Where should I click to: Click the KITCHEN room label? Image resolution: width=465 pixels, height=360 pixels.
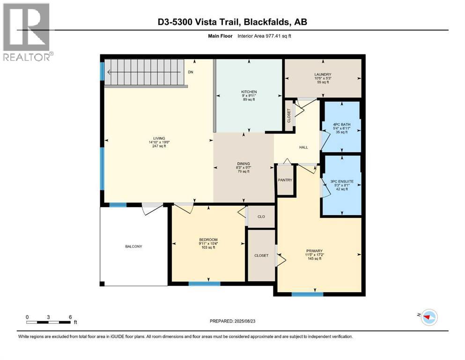pos(249,92)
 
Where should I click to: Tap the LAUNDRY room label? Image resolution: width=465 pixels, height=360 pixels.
pos(323,75)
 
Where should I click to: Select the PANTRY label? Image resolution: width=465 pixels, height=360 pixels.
pos(285,180)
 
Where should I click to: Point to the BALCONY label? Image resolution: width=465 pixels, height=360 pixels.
pos(133,247)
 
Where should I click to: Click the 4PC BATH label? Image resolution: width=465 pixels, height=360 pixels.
pos(342,125)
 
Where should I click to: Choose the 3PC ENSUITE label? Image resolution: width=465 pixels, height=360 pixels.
pos(342,181)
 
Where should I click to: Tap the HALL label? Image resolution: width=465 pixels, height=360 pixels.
pos(303,147)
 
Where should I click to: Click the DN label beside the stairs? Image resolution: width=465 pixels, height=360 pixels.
pos(191,72)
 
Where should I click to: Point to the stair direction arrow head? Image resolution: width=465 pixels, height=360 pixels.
pos(109,72)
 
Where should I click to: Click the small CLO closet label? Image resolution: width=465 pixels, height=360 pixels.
pos(261,217)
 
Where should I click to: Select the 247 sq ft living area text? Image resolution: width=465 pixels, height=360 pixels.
pos(159,146)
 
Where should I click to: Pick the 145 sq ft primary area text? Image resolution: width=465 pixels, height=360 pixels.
pos(314,258)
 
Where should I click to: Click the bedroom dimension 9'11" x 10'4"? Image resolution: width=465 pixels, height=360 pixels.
pos(208,243)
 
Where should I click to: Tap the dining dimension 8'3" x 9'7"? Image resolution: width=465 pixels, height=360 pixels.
pos(244,167)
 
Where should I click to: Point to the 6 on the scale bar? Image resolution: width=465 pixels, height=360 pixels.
pos(70,317)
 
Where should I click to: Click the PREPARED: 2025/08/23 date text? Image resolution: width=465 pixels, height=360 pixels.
pos(232,321)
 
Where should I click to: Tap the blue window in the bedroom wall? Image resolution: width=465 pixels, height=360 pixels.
pos(204,284)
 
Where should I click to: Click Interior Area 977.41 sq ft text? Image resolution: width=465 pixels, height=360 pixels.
pos(264,36)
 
